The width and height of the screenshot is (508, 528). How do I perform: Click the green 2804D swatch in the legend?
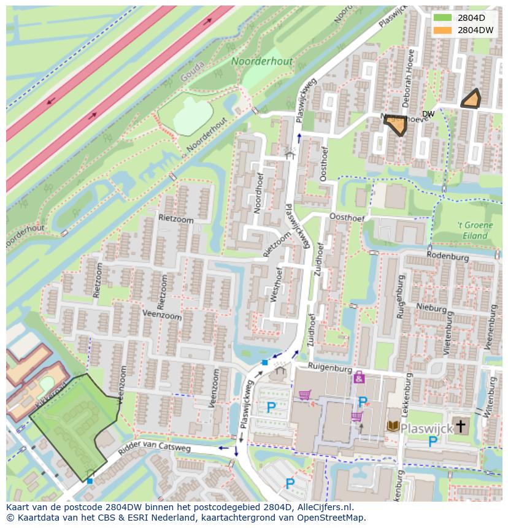pyautogui.click(x=442, y=17)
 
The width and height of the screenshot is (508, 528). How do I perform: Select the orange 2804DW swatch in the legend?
pyautogui.click(x=442, y=29)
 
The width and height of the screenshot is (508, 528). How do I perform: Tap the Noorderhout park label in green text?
pyautogui.click(x=262, y=61)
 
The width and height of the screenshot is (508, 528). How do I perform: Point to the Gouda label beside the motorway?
pyautogui.click(x=192, y=75)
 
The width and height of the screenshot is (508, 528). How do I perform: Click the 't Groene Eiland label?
pyautogui.click(x=475, y=230)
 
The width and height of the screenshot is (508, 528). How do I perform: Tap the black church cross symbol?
pyautogui.click(x=460, y=427)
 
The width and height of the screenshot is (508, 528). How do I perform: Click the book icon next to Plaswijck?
pyautogui.click(x=392, y=426)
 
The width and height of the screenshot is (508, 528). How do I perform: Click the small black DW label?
pyautogui.click(x=428, y=114)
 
